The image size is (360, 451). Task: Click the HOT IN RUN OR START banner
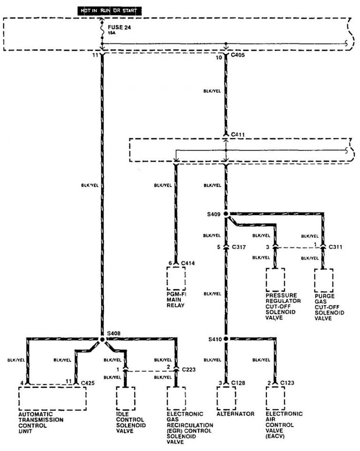coord(110,11)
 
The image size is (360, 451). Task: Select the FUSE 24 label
coord(120,27)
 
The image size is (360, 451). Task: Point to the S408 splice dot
coord(102,339)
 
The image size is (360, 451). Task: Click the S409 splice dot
coord(226,214)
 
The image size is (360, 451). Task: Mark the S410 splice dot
coord(226,339)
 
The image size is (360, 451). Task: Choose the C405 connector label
coord(238,55)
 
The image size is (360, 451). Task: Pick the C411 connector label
coord(238,135)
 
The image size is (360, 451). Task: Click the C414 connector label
coord(188,263)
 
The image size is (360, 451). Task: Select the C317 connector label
coord(239,247)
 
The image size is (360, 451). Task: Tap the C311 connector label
coord(335,247)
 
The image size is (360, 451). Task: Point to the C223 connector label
coord(188,369)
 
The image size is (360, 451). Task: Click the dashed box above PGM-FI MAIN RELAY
coord(176,278)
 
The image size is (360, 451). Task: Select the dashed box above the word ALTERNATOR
coord(226,398)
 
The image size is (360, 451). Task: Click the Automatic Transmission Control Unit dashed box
coord(52,398)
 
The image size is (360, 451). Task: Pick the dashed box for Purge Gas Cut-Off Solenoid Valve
coord(324,280)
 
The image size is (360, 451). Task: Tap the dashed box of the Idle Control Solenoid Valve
coord(126,398)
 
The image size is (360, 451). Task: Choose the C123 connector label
coord(287,383)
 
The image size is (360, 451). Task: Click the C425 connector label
coord(88,383)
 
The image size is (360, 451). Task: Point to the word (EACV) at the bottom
coord(275,436)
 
